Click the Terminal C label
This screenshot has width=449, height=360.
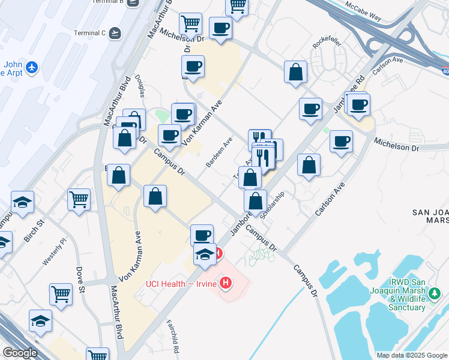coord(89,32)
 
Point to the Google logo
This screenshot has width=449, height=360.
coord(20,352)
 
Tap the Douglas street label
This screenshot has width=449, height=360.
coord(142,85)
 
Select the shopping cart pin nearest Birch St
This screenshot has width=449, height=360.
coord(79,200)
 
